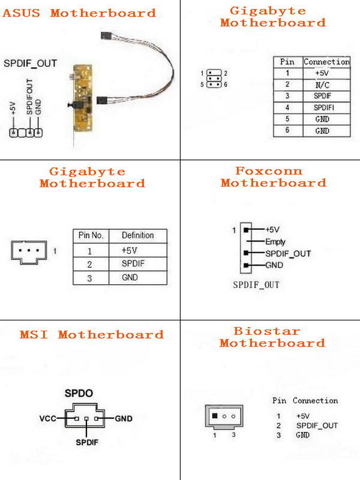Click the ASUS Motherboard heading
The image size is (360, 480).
click(x=79, y=13)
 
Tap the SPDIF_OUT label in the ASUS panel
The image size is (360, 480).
click(x=30, y=63)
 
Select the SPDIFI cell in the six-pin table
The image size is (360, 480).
click(x=322, y=108)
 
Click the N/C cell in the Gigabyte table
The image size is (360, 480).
click(x=322, y=85)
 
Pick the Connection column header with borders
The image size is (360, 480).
click(x=326, y=62)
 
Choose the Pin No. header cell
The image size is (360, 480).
click(x=90, y=235)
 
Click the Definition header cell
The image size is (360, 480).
click(x=138, y=235)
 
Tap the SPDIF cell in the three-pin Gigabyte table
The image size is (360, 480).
click(x=133, y=263)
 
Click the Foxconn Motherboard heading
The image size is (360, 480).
click(x=273, y=177)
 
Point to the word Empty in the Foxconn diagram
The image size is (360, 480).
click(x=275, y=242)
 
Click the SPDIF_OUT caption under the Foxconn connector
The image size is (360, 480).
click(x=256, y=285)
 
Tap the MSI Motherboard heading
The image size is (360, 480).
click(x=92, y=335)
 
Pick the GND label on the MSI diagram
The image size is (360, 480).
click(x=124, y=419)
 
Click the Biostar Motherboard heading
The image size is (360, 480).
click(x=272, y=337)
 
